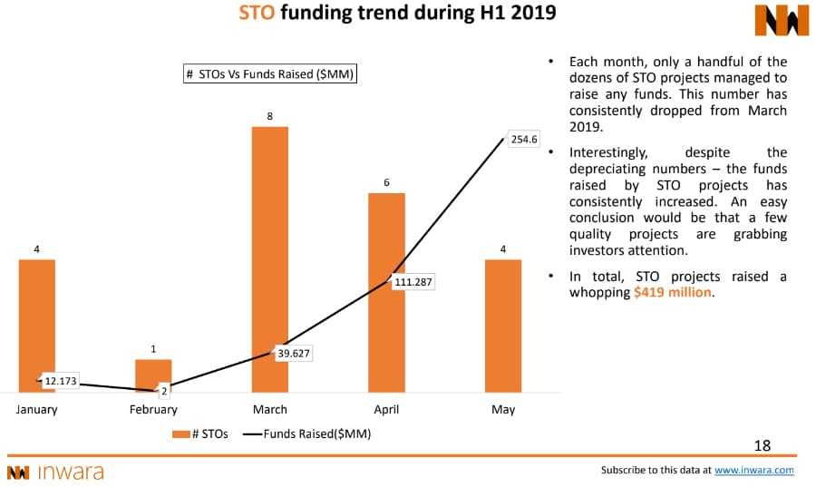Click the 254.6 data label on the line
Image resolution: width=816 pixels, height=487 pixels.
pos(524,140)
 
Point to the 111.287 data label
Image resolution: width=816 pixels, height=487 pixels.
pos(413,282)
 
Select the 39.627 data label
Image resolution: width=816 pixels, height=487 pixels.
pos(293,354)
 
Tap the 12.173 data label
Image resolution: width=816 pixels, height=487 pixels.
pos(61,381)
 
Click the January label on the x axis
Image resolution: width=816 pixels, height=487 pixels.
pos(36,409)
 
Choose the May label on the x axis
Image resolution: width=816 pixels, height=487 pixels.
pos(502,409)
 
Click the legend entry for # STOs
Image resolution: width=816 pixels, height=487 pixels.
pos(199,433)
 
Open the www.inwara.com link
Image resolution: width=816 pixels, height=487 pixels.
pos(753,470)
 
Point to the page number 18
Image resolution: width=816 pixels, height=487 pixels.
pos(762,444)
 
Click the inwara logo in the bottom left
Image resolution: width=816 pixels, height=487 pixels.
pos(55,472)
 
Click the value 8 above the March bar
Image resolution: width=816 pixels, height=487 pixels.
pos(269,116)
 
